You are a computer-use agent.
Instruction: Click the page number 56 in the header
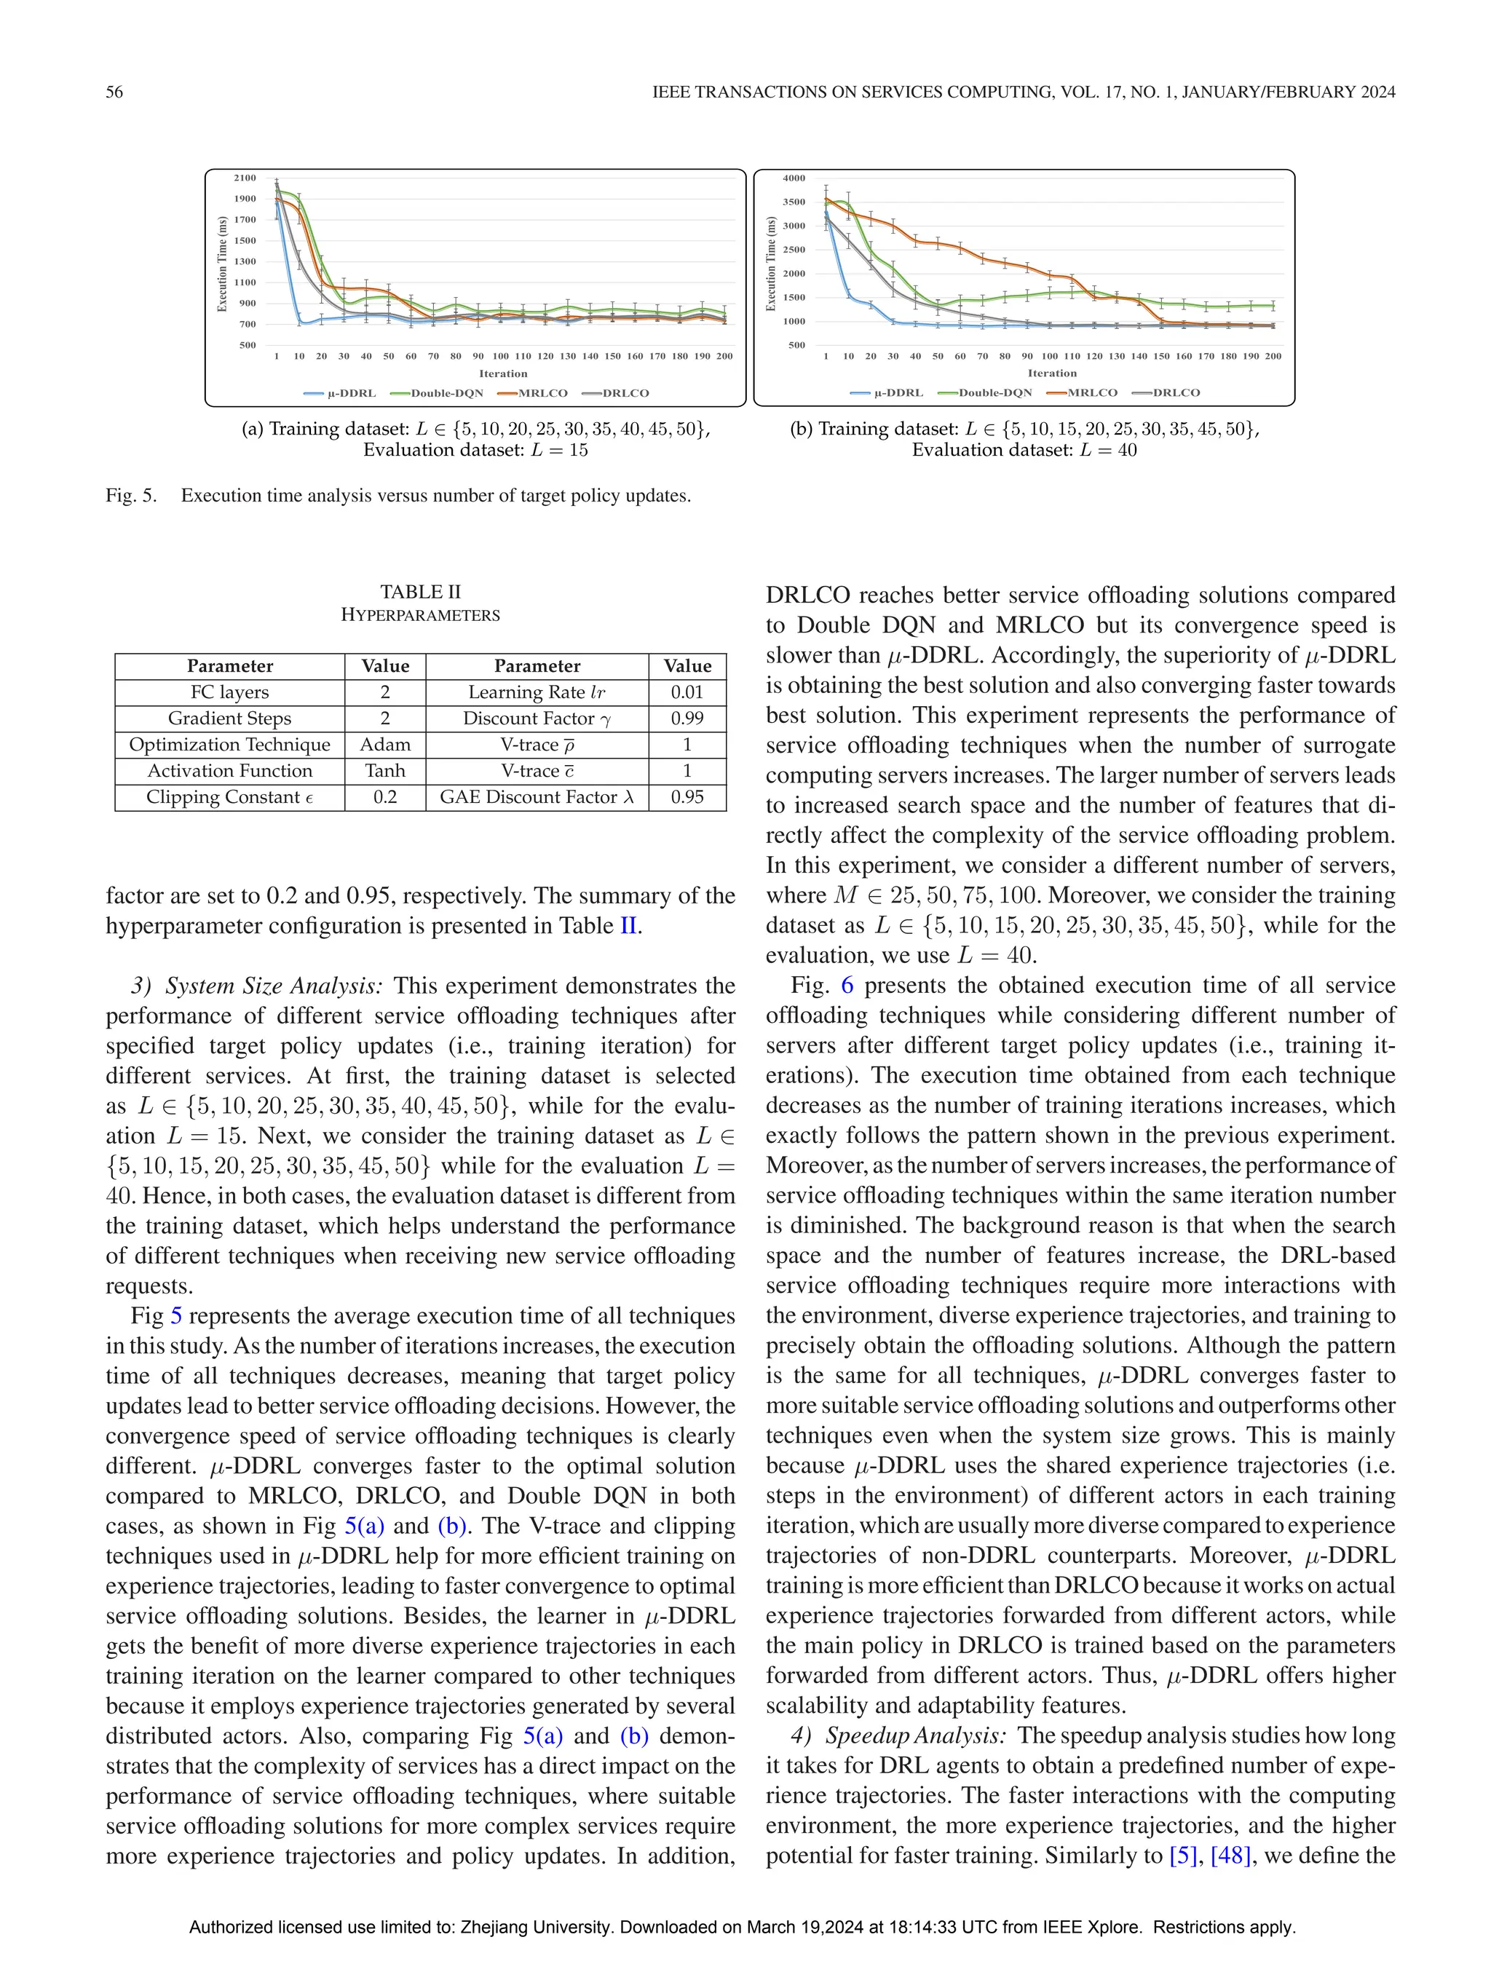pos(114,92)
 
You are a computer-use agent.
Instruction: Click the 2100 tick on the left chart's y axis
pos(245,178)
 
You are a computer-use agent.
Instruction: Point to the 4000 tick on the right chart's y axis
pos(794,178)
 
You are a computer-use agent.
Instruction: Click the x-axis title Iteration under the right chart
pos(1051,373)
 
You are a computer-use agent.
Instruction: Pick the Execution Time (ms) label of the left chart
pos(222,264)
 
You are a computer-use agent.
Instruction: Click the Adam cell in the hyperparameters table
pos(384,744)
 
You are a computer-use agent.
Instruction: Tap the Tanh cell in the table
pos(384,770)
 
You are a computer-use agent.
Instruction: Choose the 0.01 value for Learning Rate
pos(687,692)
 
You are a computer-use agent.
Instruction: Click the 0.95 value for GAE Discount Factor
pos(687,797)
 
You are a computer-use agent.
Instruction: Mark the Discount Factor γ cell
pos(537,718)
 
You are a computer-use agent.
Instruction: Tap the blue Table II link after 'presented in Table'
pos(628,926)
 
